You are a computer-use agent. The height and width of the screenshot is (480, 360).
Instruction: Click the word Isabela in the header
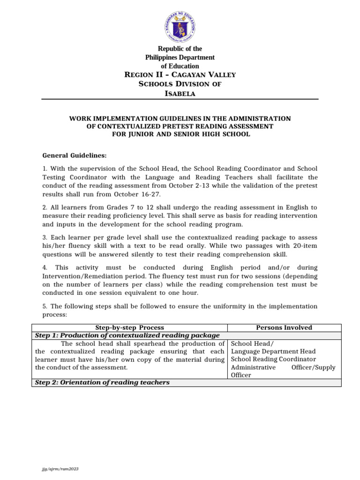[x=180, y=93]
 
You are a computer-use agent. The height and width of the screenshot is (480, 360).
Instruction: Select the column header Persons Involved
[x=284, y=328]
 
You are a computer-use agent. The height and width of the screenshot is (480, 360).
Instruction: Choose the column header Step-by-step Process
[x=130, y=328]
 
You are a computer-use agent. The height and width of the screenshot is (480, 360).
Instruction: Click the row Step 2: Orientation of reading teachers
[x=102, y=382]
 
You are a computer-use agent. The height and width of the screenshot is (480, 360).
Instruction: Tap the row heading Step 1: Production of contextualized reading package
[x=127, y=335]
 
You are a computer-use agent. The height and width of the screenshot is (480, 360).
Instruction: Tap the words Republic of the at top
[x=180, y=49]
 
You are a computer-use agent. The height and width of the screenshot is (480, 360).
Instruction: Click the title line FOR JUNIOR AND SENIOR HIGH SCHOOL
[x=180, y=134]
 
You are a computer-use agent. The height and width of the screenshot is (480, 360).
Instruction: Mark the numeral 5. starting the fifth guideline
[x=45, y=306]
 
